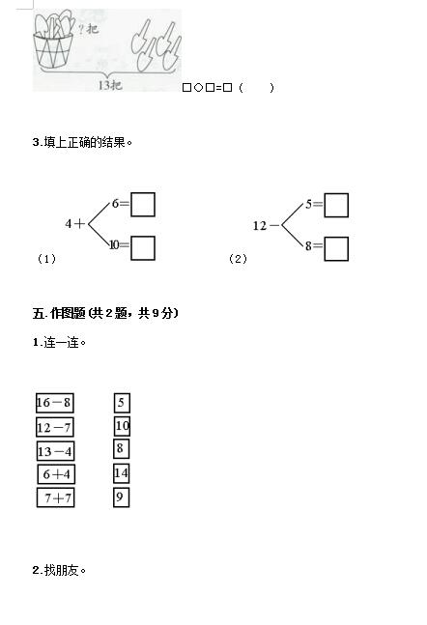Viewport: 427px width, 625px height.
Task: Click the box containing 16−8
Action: pos(55,403)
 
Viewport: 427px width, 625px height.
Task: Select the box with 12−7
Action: pos(55,427)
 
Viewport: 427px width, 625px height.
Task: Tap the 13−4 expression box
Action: pos(55,451)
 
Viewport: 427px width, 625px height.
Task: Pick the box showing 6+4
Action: pos(56,474)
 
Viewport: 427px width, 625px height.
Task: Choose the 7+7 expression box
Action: pos(56,497)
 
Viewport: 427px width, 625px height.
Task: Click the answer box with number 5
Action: pos(122,403)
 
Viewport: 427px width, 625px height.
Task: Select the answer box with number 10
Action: pos(122,426)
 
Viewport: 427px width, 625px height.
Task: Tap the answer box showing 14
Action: pos(121,473)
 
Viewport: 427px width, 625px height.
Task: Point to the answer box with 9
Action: pos(121,497)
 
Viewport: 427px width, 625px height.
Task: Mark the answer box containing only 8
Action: pos(121,449)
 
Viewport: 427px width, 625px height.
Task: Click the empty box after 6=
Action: pos(143,205)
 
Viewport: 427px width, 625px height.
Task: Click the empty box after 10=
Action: pos(143,248)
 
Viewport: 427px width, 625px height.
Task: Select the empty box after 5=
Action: pos(336,206)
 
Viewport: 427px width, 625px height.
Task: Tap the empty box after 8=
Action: pos(336,249)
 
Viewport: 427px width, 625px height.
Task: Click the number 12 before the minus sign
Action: pos(260,226)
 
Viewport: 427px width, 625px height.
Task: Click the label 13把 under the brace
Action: pos(110,85)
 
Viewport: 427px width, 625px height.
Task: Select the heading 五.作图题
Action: pos(59,313)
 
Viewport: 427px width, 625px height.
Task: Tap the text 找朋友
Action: pos(62,570)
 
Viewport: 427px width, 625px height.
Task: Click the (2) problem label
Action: pos(238,259)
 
